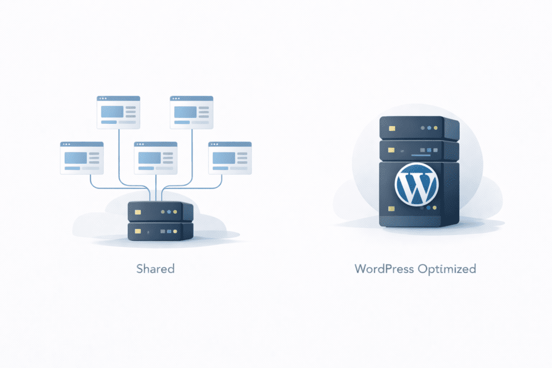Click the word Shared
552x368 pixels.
point(156,268)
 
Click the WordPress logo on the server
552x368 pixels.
point(417,184)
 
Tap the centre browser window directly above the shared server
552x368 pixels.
point(156,158)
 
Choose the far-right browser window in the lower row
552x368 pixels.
point(230,158)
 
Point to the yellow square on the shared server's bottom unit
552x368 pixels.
point(138,231)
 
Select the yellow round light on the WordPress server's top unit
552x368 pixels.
point(423,128)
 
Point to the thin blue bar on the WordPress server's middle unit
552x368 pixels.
point(419,156)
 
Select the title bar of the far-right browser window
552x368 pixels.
point(230,144)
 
